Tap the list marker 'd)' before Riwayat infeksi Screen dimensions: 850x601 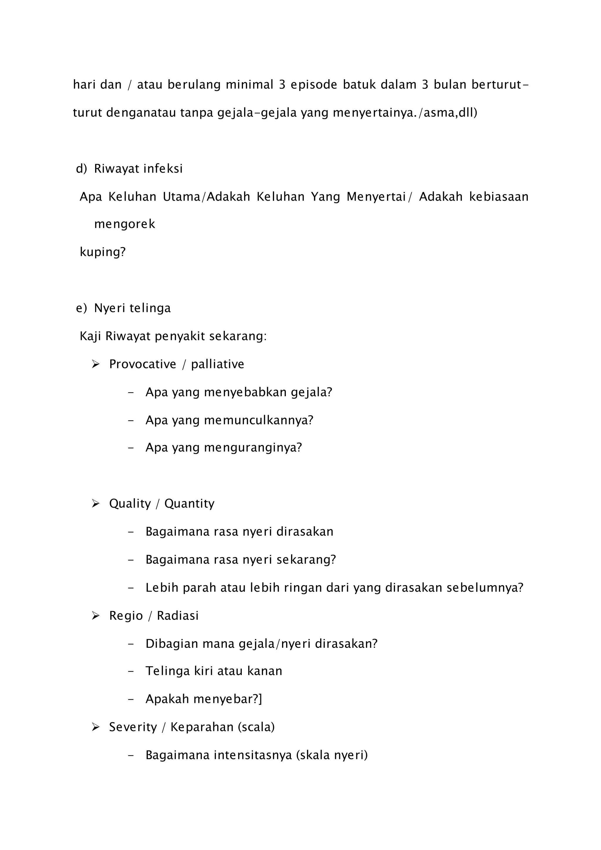click(81, 169)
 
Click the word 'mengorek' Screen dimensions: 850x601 click(125, 224)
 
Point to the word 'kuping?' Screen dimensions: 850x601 click(102, 252)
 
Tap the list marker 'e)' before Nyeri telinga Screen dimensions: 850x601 click(81, 308)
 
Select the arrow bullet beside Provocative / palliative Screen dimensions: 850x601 click(95, 364)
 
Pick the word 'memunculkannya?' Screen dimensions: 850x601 click(258, 420)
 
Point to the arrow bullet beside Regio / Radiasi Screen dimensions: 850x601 click(95, 616)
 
